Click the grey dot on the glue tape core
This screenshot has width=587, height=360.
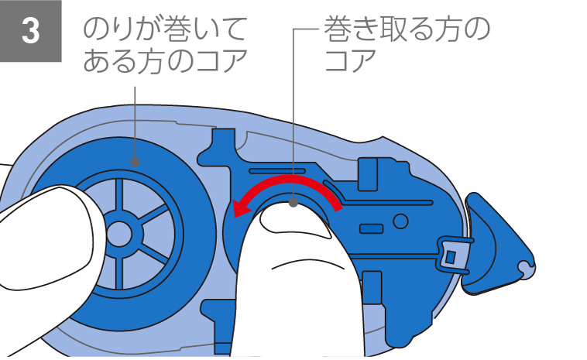pos(136,163)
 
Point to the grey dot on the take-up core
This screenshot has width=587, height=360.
pos(293,203)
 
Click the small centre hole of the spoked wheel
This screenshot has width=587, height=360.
pos(119,231)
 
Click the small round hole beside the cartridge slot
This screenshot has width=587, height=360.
pos(400,221)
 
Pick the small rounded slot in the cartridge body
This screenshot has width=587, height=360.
pos(370,229)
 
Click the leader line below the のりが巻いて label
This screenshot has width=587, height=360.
pos(136,116)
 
